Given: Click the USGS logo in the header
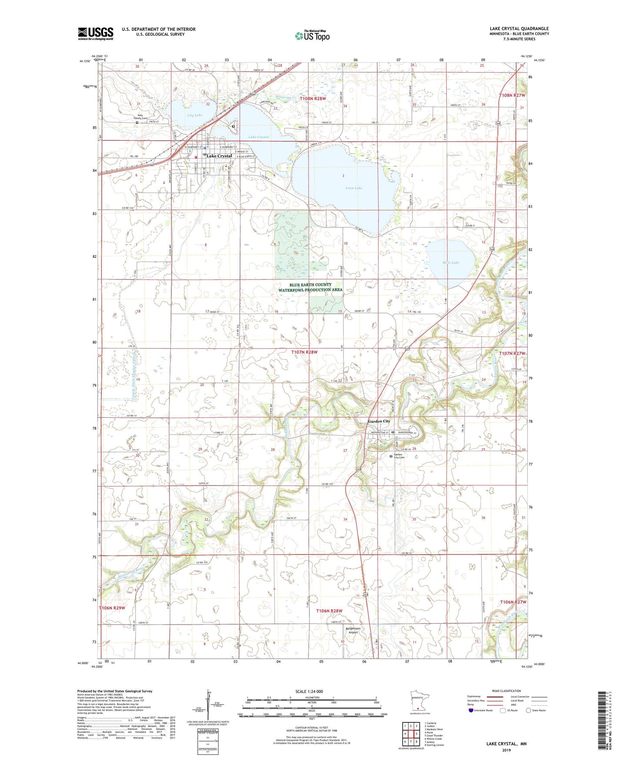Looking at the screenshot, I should click(95, 33).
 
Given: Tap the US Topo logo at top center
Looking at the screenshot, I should click(312, 36).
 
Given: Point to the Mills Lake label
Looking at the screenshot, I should click(451, 263).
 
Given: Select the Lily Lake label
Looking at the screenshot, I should click(195, 115).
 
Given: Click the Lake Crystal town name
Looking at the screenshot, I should click(219, 156).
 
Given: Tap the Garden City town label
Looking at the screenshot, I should click(379, 421).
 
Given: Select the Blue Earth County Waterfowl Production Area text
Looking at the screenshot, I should click(310, 287).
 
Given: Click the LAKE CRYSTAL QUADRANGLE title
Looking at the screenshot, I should click(519, 29).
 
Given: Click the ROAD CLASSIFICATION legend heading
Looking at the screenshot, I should click(506, 691).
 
